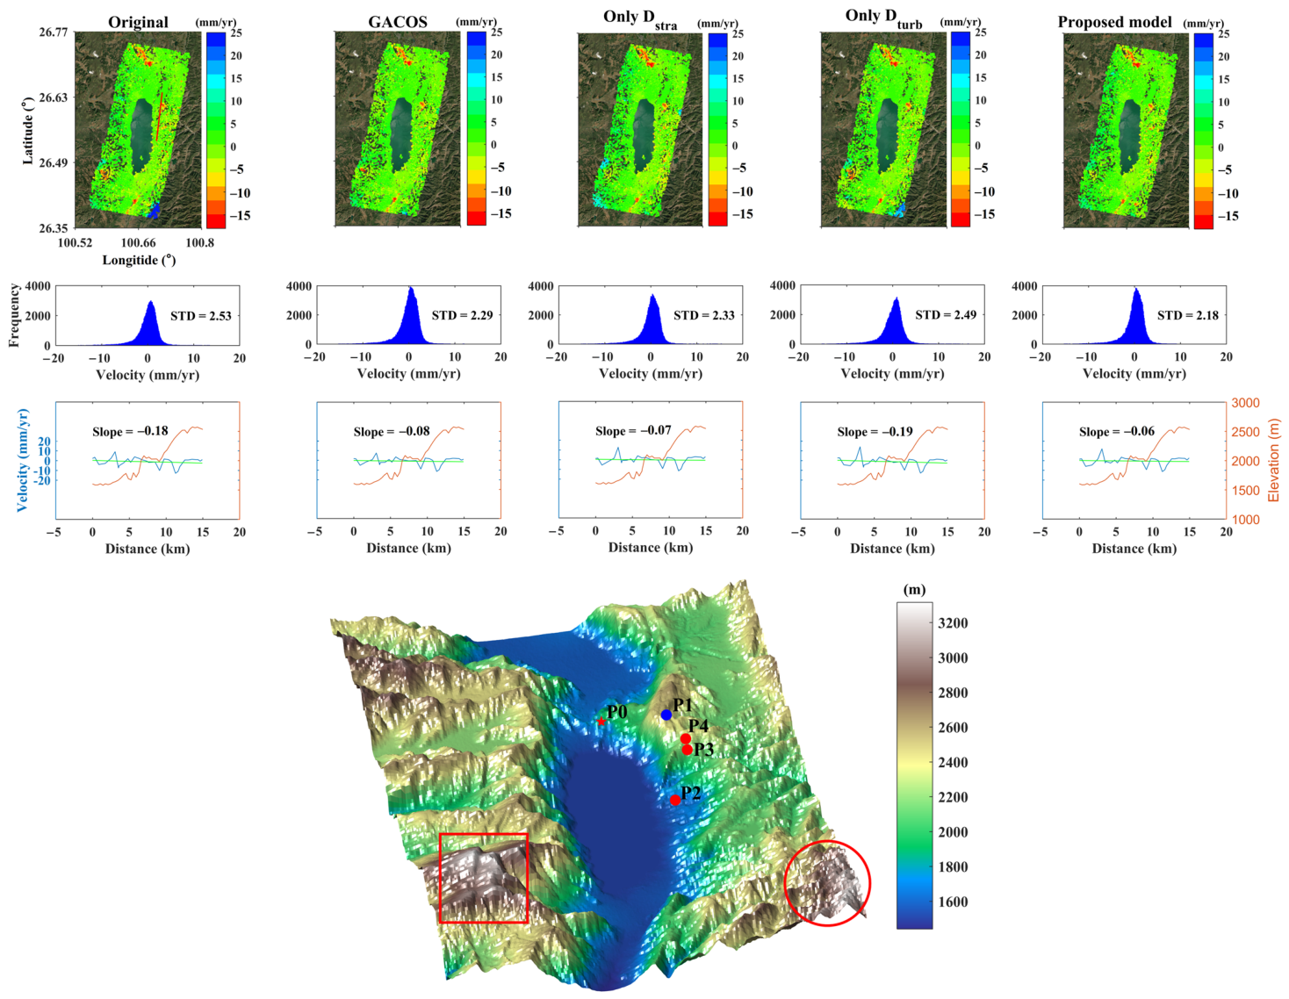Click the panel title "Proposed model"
pyautogui.click(x=1114, y=23)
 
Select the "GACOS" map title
pyautogui.click(x=398, y=23)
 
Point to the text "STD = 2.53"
pyautogui.click(x=201, y=316)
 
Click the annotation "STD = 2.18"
pyautogui.click(x=1187, y=315)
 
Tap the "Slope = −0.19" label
pyautogui.click(x=875, y=432)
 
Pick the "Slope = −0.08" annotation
pyautogui.click(x=392, y=432)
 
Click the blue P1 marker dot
pyautogui.click(x=666, y=715)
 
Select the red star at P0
pyautogui.click(x=601, y=722)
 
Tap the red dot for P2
pyautogui.click(x=675, y=801)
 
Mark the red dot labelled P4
pyautogui.click(x=686, y=739)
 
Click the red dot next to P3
pyautogui.click(x=687, y=750)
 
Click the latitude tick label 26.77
pyautogui.click(x=54, y=32)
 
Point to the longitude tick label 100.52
pyautogui.click(x=75, y=243)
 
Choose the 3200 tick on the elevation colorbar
pyautogui.click(x=953, y=623)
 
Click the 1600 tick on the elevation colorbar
pyautogui.click(x=953, y=902)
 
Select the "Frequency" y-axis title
pyautogui.click(x=14, y=315)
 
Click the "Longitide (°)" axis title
pyautogui.click(x=139, y=260)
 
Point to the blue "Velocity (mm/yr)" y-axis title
pyautogui.click(x=23, y=460)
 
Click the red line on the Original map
pyautogui.click(x=159, y=116)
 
